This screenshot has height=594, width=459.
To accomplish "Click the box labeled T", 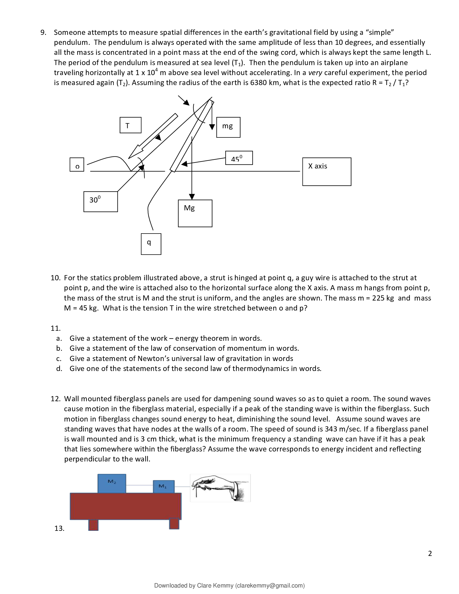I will [x=130, y=125].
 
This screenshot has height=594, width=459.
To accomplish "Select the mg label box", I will [x=228, y=127].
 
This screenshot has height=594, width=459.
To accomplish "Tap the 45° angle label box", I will [x=239, y=158].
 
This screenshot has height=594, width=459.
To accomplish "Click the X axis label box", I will [x=327, y=172].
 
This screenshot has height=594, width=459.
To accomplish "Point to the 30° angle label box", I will [x=101, y=201].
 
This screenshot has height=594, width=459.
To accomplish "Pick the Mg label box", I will [x=195, y=213].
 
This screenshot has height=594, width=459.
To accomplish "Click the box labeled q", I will [x=151, y=244].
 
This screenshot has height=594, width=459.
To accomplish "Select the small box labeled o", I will [x=77, y=165].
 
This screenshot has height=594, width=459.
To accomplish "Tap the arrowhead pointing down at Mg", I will [x=192, y=197].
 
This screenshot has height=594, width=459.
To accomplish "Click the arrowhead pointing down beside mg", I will [x=212, y=127].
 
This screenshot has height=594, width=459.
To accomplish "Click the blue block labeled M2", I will [x=112, y=484].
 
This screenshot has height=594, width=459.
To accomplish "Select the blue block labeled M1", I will [x=163, y=487].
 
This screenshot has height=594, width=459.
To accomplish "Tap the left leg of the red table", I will [x=93, y=525].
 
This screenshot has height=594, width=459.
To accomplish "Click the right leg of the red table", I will [x=174, y=524].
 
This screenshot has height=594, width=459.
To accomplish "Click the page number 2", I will [x=430, y=553].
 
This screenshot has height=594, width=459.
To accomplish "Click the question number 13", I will [x=59, y=528].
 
